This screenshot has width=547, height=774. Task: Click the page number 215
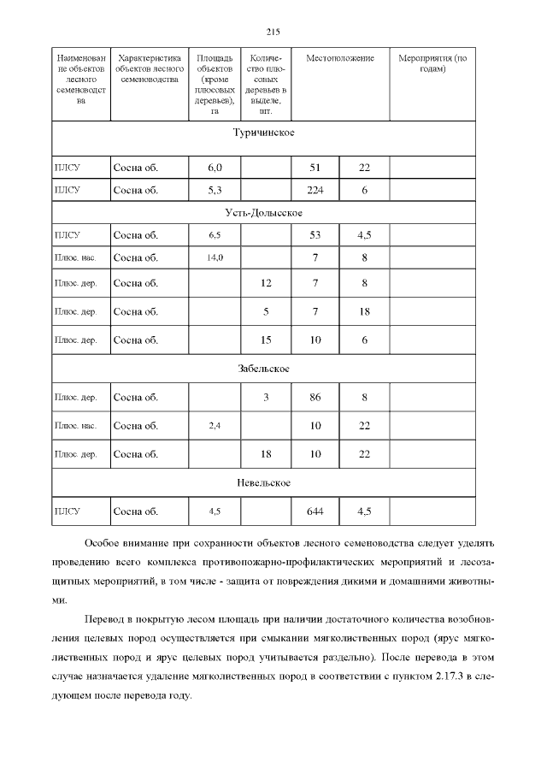coord(273,32)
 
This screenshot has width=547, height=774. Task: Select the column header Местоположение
coord(340,58)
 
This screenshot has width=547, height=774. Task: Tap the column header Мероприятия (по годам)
coord(432,63)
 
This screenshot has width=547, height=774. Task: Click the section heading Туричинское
coord(264,133)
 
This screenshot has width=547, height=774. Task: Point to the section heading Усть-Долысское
coord(264,212)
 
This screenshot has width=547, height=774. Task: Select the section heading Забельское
coord(264,369)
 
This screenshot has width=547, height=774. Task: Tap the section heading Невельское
coord(264,482)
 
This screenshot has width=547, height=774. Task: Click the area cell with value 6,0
coord(215,168)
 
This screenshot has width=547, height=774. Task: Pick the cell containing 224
coord(315,190)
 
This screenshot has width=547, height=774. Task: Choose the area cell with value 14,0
coord(215,257)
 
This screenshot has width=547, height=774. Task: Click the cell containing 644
coord(315,511)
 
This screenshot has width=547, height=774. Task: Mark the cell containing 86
coord(315,397)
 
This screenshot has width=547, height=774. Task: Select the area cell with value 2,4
coord(215,426)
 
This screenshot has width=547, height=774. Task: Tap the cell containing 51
coord(315,168)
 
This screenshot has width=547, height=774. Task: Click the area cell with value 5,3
coord(215,190)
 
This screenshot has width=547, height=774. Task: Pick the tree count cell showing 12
coord(266,282)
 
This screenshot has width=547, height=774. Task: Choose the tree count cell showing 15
coord(266,340)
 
